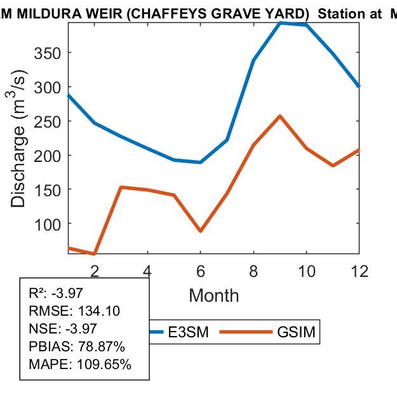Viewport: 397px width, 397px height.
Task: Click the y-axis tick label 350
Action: coord(48,53)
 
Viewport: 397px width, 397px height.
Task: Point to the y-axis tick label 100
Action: coord(48,224)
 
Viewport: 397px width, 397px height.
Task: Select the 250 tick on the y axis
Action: coord(48,121)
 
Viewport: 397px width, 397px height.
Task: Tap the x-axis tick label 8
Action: coord(253,271)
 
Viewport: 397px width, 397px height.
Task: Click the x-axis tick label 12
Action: coord(360,271)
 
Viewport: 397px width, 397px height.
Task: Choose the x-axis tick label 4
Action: coord(147,271)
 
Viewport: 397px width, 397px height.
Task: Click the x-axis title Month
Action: coord(213,295)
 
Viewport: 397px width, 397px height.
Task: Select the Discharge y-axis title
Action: coord(19,155)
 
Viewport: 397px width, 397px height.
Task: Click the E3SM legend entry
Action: coord(184,332)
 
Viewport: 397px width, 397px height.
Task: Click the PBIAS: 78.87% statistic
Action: coord(77,347)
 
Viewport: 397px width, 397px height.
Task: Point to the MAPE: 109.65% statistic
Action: coord(80,365)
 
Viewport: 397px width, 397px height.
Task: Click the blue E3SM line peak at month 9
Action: coord(280,23)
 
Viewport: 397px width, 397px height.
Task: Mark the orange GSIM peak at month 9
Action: coord(280,116)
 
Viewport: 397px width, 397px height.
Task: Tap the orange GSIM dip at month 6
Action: coord(201,231)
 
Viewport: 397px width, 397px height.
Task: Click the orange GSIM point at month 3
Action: coord(121,187)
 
